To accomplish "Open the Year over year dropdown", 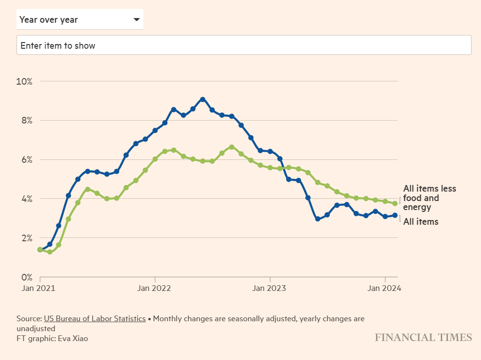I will tap(79, 20).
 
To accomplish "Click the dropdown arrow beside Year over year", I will tap(137, 20).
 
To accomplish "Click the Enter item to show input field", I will tap(244, 45).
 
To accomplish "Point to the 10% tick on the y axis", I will tap(24, 81).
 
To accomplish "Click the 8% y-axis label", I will tap(26, 121).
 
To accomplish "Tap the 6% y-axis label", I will tap(26, 160).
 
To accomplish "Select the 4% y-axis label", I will tap(26, 199).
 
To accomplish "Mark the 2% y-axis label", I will tap(26, 238).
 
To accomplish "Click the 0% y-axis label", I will tap(26, 277).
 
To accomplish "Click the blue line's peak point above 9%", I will tap(202, 99).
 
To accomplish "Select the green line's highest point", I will tap(231, 147).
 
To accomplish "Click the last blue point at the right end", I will tap(395, 215).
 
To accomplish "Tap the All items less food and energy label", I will tap(429, 198).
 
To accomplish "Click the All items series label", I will tap(420, 221).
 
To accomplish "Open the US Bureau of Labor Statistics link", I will tap(95, 319).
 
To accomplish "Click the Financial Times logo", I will tap(423, 337).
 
